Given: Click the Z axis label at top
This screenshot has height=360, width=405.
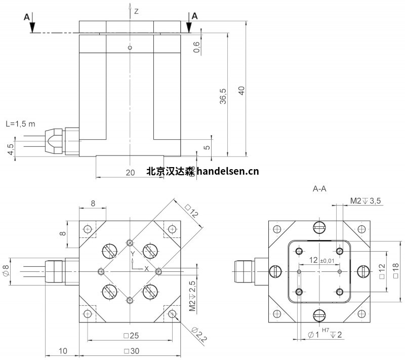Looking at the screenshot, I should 136,11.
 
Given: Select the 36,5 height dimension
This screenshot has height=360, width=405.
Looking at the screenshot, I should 223,96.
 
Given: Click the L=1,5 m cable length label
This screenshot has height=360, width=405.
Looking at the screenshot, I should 20,124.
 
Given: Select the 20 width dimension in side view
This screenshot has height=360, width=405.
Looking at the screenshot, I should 130,172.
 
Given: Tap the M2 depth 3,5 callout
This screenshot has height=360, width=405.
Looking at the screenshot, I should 366,201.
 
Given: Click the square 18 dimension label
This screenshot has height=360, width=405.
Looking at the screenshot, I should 396,271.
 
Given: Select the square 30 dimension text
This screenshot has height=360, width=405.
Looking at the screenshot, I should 130,351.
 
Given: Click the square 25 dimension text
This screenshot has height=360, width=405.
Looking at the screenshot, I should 130,336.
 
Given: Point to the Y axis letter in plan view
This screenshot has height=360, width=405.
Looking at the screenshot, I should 132,253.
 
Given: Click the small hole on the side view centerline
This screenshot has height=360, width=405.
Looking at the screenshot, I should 130,48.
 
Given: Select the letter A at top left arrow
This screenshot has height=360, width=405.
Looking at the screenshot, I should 26,17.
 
